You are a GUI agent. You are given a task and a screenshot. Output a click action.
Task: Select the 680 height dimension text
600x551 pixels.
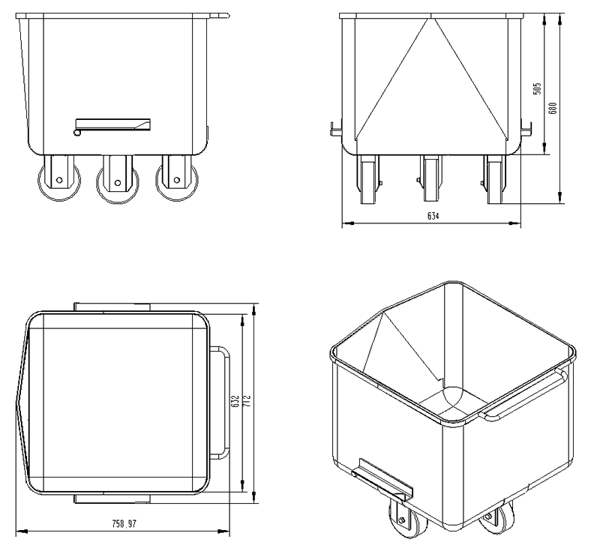[x=553, y=108]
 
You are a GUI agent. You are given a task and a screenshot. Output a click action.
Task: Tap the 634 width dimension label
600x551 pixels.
[x=433, y=217]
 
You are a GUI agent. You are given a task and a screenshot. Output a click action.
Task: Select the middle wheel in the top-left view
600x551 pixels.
[x=115, y=184]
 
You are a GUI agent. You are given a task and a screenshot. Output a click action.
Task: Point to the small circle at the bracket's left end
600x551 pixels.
[x=78, y=133]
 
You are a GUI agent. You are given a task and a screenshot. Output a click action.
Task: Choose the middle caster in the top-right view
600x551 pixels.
[x=430, y=178]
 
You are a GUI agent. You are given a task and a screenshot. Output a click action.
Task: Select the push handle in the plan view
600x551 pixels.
[x=223, y=401]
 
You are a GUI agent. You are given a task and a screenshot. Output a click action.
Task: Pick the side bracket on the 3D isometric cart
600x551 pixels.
[x=380, y=481]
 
